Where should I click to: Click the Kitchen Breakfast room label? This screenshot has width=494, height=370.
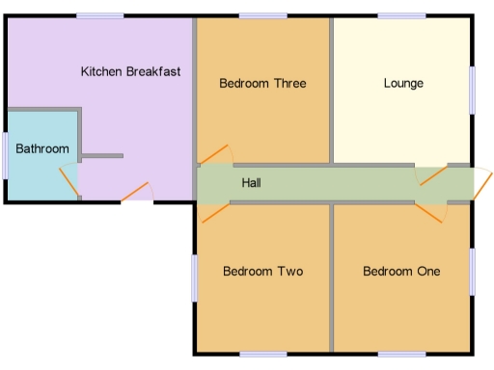(x=130, y=71)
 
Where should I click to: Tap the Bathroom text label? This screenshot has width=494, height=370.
(x=42, y=148)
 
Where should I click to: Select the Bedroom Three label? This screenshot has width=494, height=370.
(x=262, y=83)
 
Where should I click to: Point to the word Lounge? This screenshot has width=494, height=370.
(x=403, y=83)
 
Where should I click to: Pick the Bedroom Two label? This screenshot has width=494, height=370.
(x=262, y=271)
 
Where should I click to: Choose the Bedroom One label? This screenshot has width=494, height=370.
(x=401, y=271)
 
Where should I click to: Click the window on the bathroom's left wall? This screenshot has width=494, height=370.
(x=5, y=155)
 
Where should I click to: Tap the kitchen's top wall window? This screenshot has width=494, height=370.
(x=100, y=15)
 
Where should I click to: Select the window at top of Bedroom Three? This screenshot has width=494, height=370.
(x=263, y=15)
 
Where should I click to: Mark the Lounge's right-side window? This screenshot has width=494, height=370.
(x=473, y=91)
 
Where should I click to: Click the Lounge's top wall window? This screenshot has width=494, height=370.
(x=401, y=15)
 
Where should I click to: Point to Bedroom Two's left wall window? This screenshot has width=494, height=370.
(x=194, y=277)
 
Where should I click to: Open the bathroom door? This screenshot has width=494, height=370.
(x=69, y=182)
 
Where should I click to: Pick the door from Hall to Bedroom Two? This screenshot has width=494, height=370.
(x=214, y=211)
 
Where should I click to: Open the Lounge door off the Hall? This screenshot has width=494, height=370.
(x=431, y=174)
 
